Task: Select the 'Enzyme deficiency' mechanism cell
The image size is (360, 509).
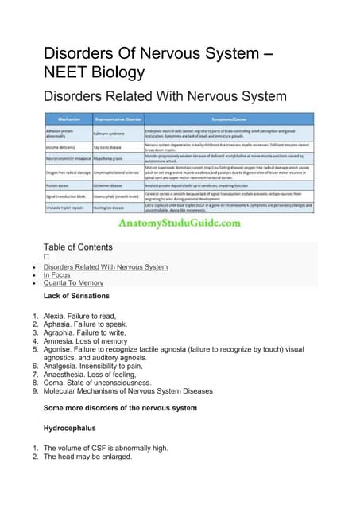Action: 65,147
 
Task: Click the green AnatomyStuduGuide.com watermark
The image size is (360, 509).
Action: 179,223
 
